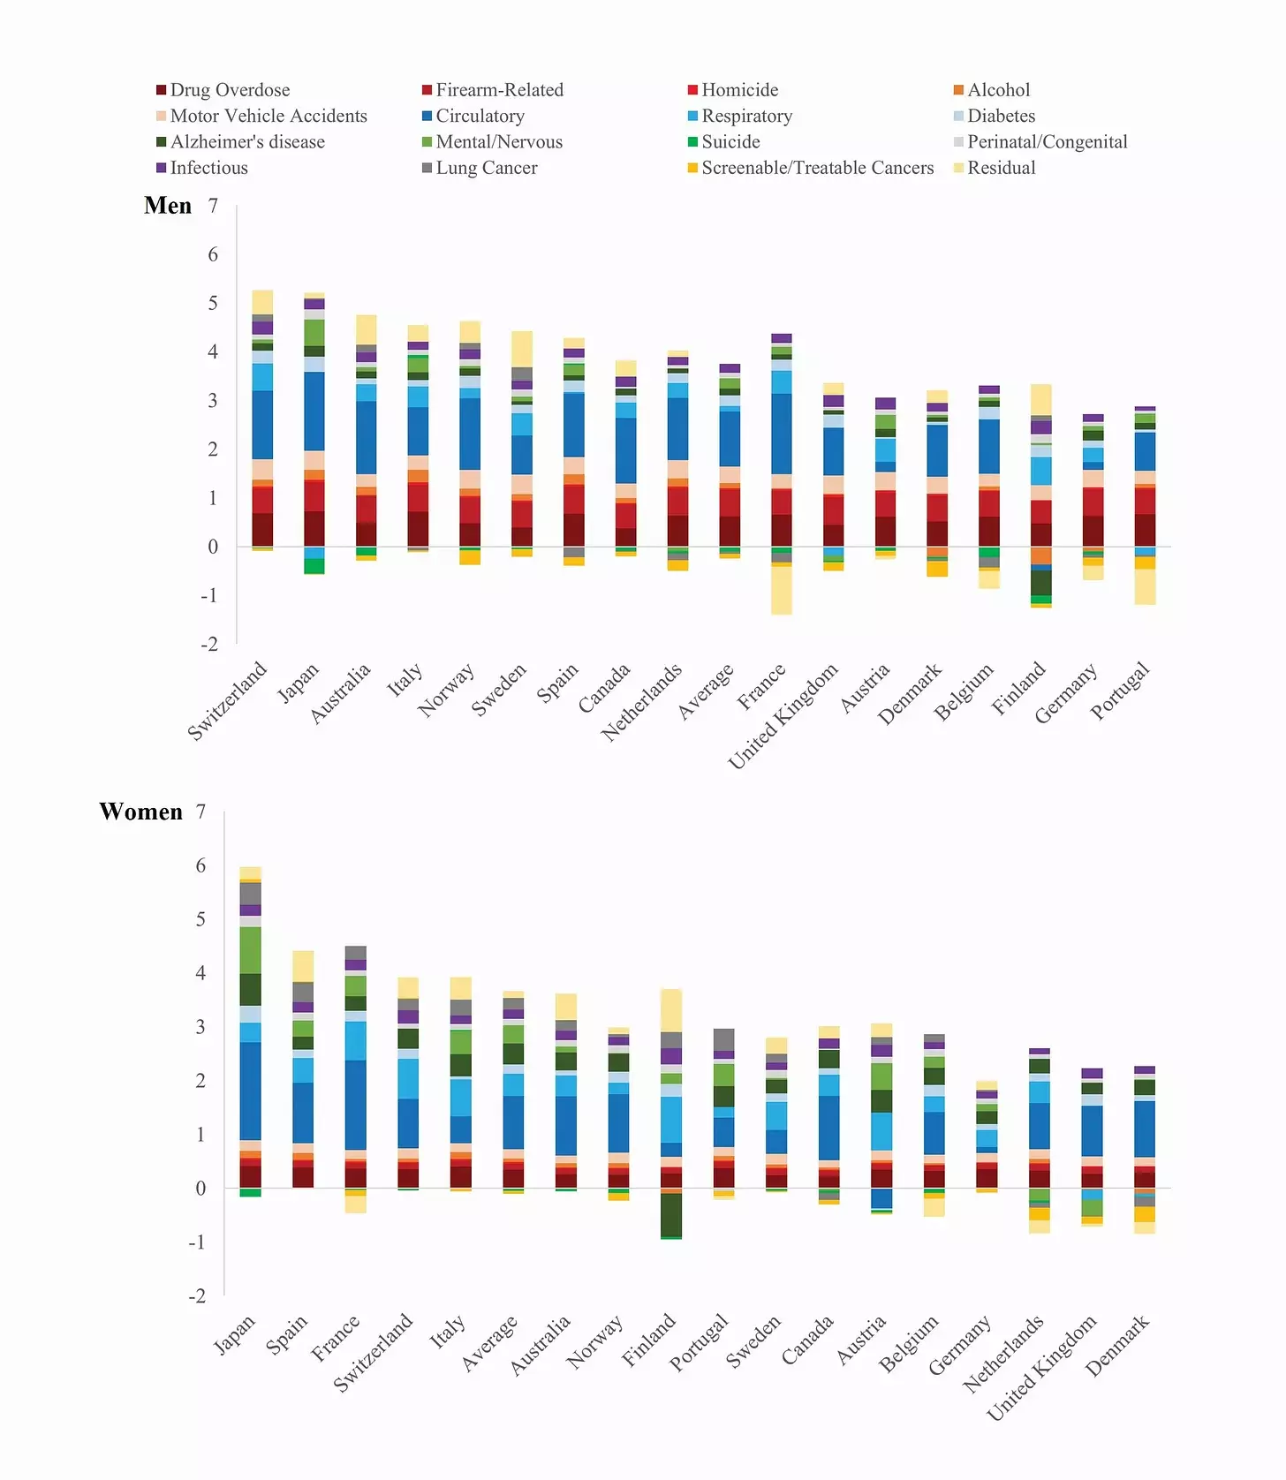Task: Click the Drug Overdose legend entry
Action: pyautogui.click(x=223, y=90)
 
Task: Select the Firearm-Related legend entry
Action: pyautogui.click(x=493, y=90)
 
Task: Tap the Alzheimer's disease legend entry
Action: pyautogui.click(x=240, y=142)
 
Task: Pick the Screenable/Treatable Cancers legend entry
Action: pyautogui.click(x=811, y=168)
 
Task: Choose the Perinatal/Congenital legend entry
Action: pyautogui.click(x=1040, y=142)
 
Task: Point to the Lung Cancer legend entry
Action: pyautogui.click(x=480, y=168)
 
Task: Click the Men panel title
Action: pyautogui.click(x=168, y=206)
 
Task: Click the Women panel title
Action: pyautogui.click(x=141, y=812)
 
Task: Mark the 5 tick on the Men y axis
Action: pyautogui.click(x=213, y=303)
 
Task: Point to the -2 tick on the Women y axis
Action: pyautogui.click(x=197, y=1295)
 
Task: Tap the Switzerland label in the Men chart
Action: pyautogui.click(x=227, y=701)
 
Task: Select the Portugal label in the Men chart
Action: pyautogui.click(x=1120, y=691)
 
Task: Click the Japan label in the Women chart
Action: pyautogui.click(x=234, y=1334)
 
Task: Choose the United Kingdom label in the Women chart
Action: pyautogui.click(x=1041, y=1368)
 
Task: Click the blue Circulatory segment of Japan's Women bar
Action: pyautogui.click(x=250, y=1091)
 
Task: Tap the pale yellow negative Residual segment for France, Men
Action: pyautogui.click(x=782, y=590)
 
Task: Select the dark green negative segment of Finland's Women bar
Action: pyautogui.click(x=671, y=1215)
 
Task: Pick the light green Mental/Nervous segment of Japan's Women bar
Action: pyautogui.click(x=250, y=950)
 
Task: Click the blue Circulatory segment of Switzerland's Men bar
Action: pyautogui.click(x=262, y=425)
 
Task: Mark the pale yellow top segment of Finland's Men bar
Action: pyautogui.click(x=1041, y=400)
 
